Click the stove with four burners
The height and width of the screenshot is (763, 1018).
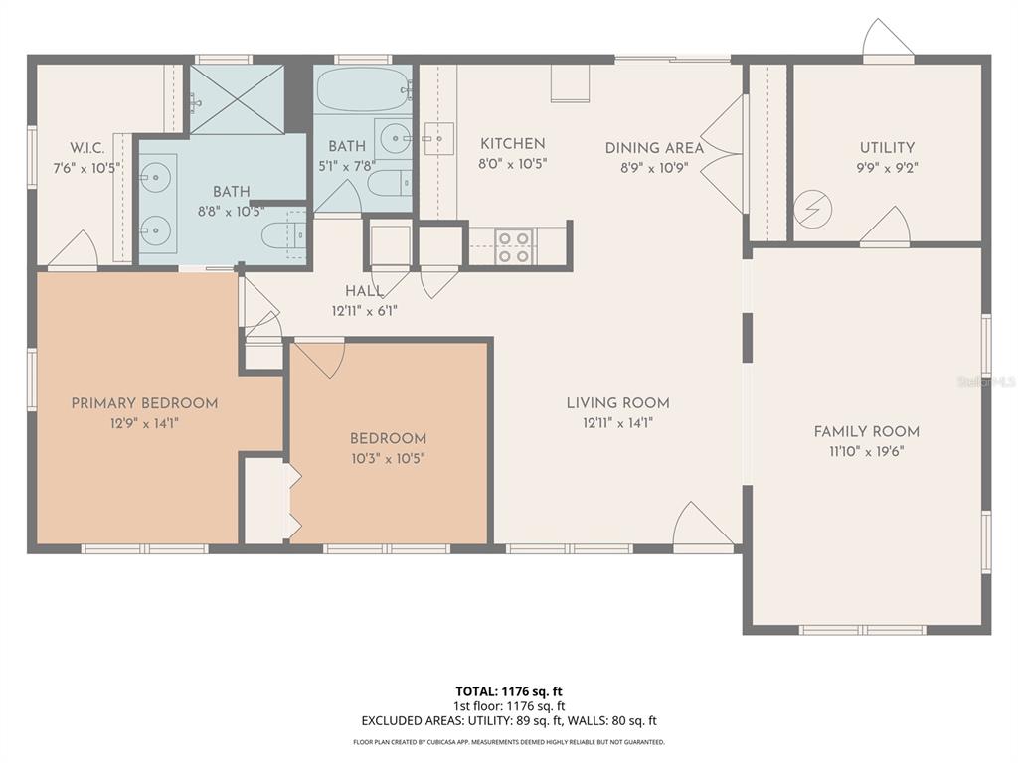513,246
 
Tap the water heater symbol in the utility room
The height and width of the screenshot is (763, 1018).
812,210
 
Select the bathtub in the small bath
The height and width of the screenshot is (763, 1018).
364,90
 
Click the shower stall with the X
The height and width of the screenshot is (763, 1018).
237,99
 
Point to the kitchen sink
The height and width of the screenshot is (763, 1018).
437,139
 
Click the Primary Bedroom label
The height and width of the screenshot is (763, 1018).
144,403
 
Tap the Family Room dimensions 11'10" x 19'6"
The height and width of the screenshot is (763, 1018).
866,451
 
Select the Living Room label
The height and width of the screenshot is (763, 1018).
617,403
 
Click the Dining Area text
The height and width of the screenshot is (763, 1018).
654,148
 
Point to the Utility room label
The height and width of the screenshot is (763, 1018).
887,148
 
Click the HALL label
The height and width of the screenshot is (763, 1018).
365,291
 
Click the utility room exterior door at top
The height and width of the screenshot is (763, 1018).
887,42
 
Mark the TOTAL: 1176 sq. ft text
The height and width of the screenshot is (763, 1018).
509,691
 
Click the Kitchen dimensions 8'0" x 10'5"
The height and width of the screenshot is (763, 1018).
512,164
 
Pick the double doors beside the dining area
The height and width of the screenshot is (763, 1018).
724,154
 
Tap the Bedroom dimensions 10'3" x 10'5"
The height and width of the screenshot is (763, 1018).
388,458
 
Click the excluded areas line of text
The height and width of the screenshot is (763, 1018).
509,721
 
